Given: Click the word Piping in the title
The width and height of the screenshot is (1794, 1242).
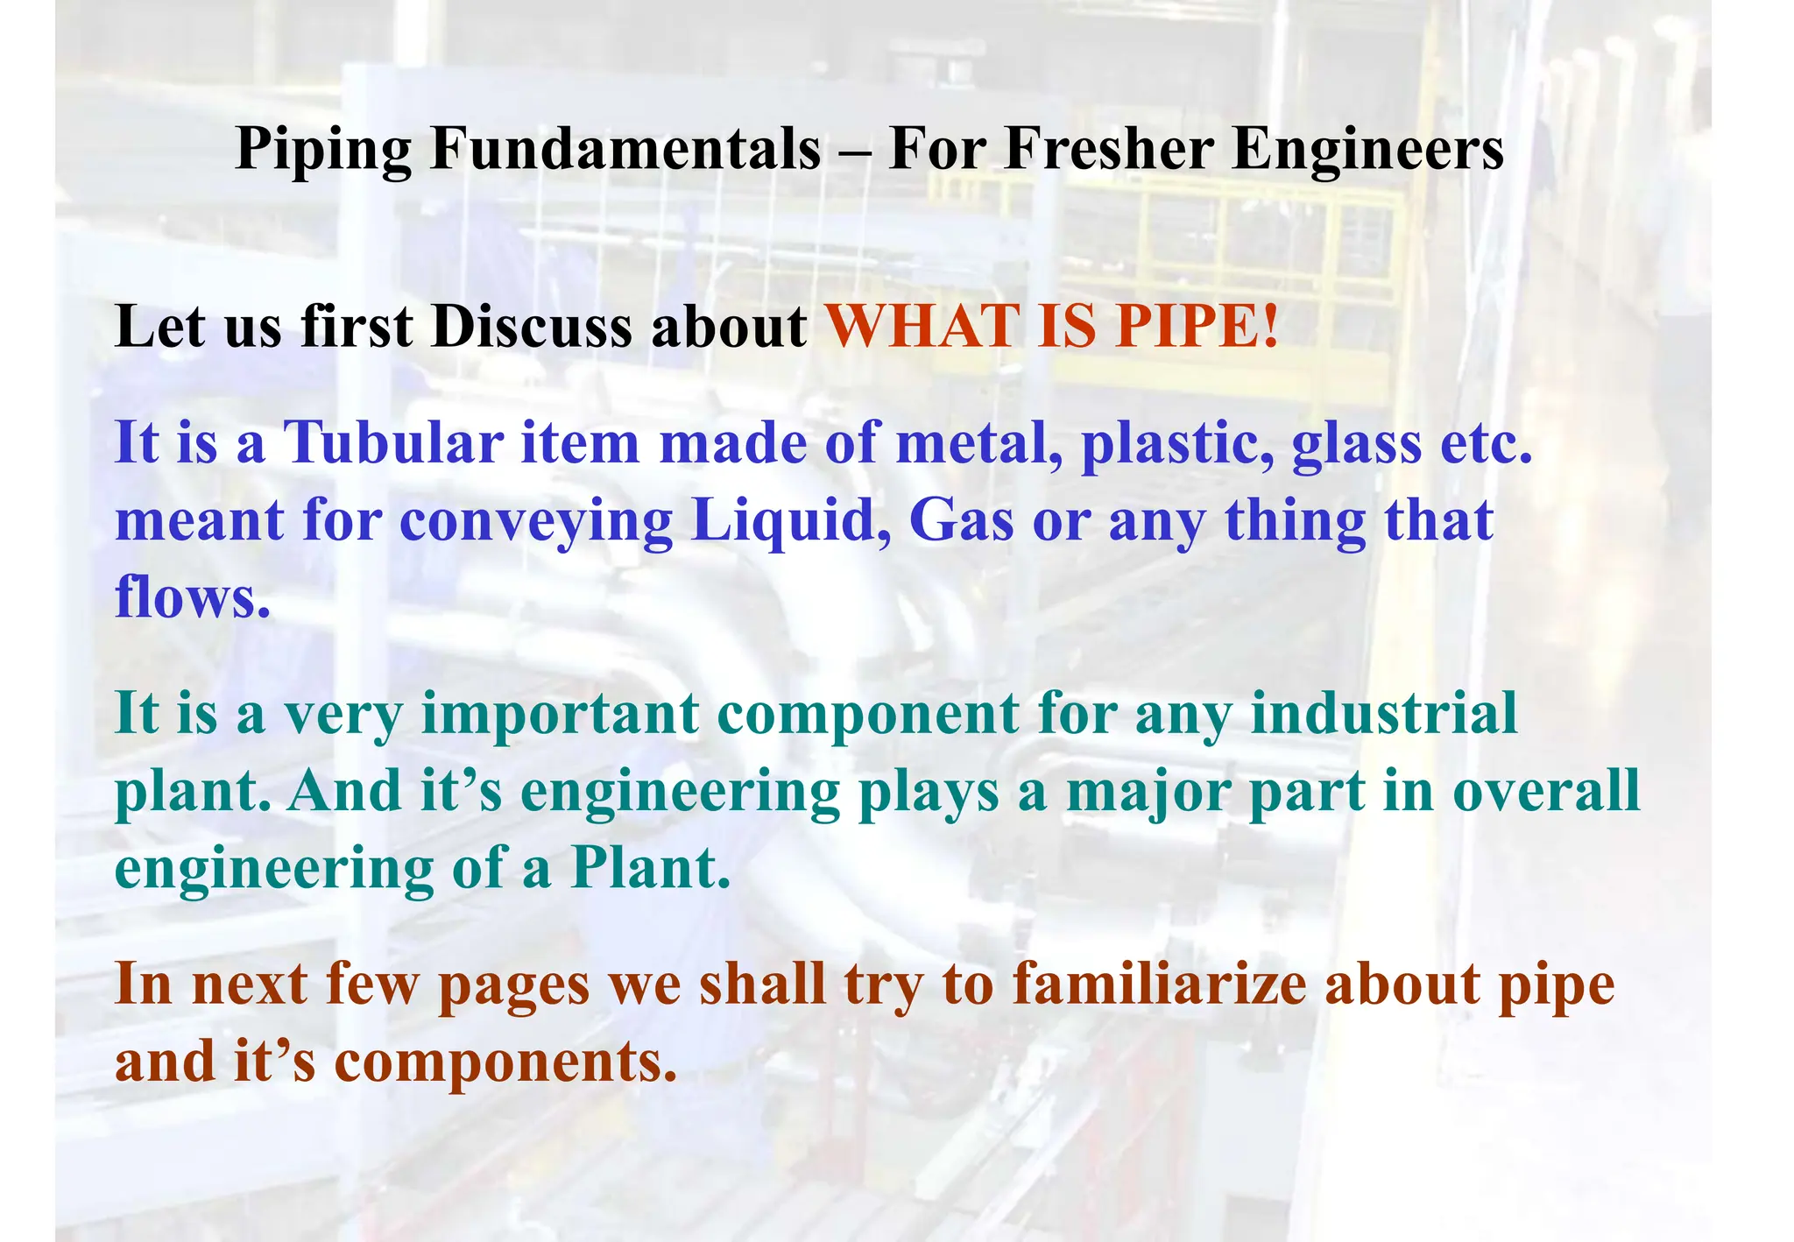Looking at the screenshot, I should (x=323, y=150).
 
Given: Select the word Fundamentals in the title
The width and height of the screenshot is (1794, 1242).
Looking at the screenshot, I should (x=625, y=148).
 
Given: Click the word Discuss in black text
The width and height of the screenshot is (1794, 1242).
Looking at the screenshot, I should (x=531, y=327).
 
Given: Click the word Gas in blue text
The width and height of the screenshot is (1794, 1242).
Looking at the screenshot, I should (x=961, y=520).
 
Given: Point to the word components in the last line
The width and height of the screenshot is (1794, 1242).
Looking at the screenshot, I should (x=505, y=1062).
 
